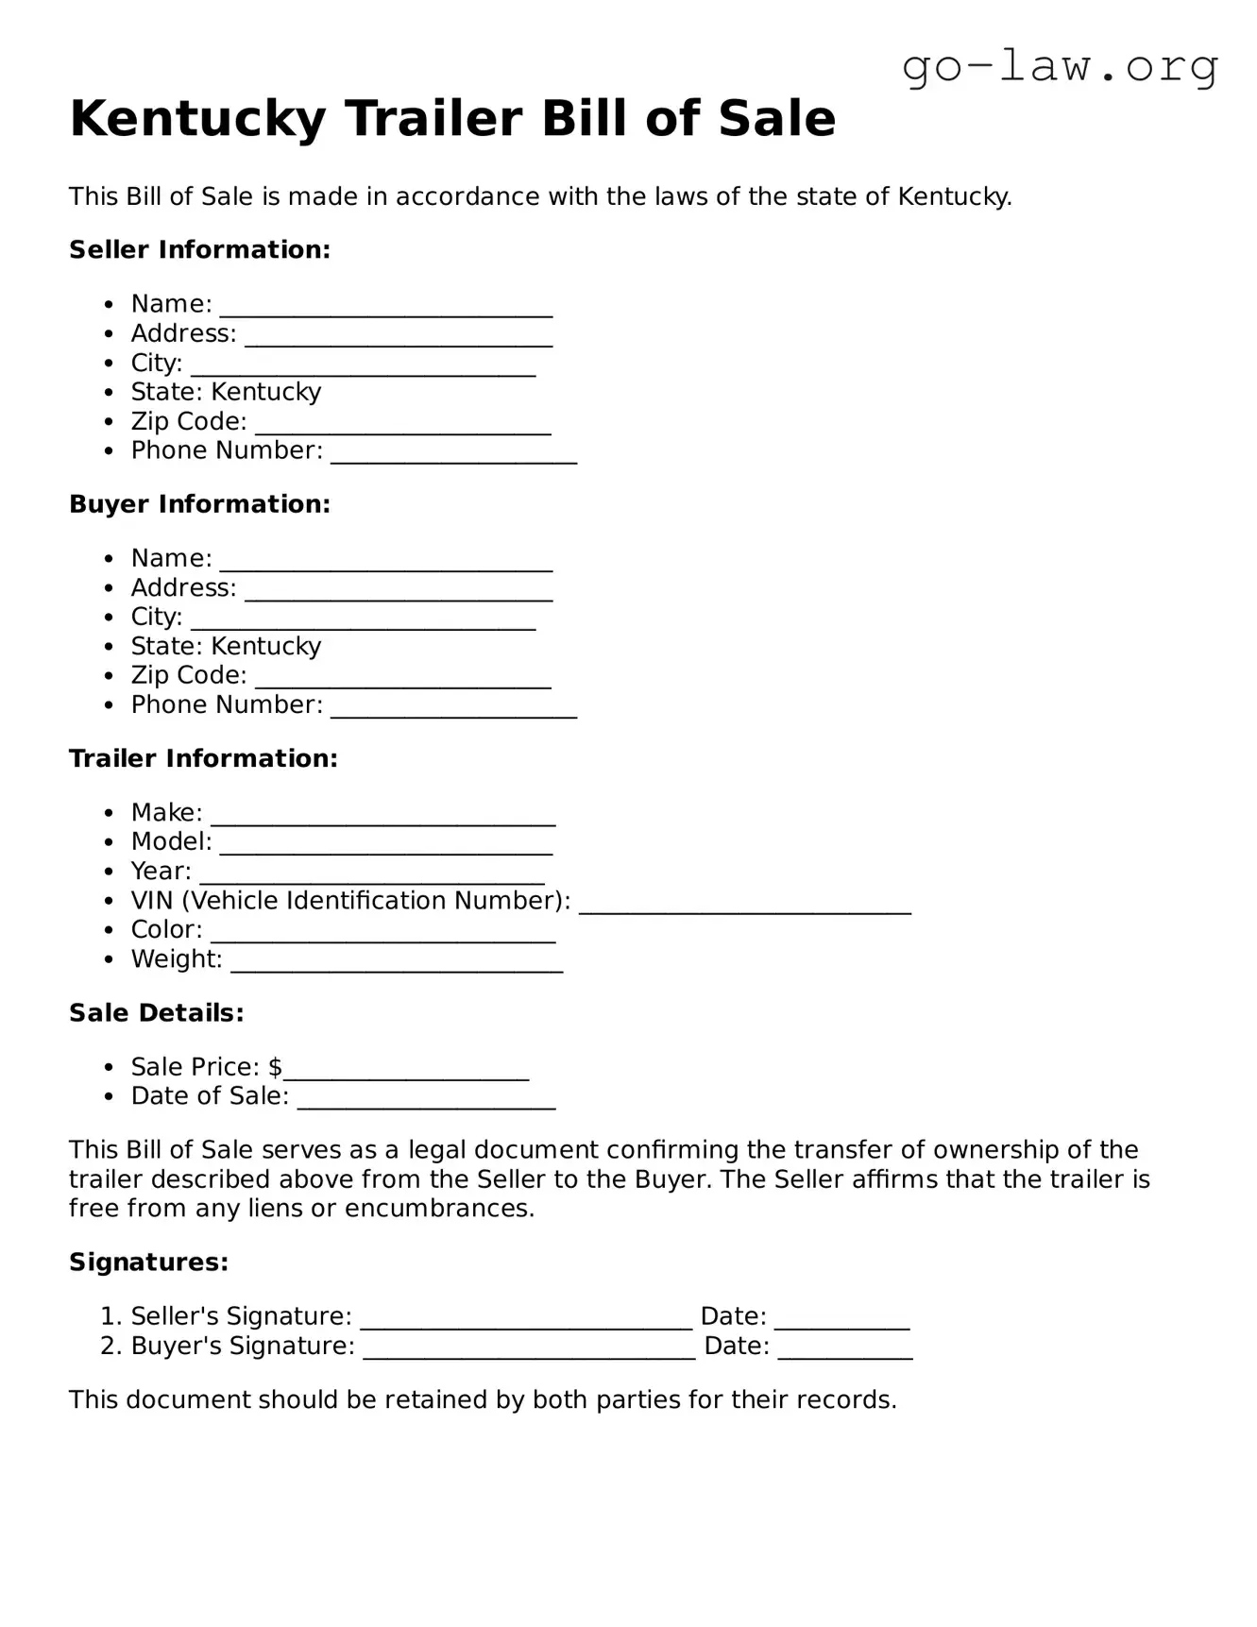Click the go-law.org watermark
(1060, 68)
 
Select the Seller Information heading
(199, 250)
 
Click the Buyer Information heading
(199, 504)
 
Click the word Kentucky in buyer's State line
(266, 647)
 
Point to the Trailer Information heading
(203, 758)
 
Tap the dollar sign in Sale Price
(275, 1067)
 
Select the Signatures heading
(148, 1263)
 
